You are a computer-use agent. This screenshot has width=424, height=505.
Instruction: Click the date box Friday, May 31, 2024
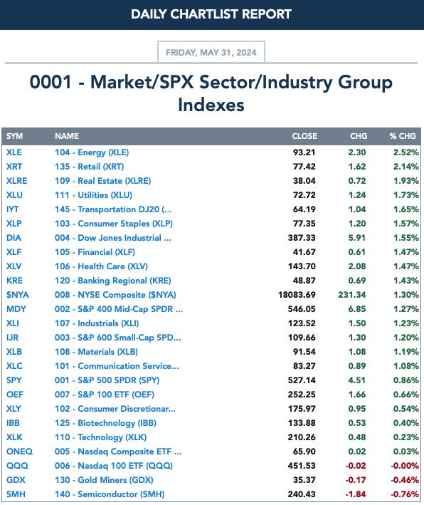click(211, 52)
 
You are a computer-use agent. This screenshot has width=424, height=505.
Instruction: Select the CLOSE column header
click(304, 136)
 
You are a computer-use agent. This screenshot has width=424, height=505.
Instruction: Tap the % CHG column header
click(403, 136)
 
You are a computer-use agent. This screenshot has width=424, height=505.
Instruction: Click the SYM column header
click(14, 136)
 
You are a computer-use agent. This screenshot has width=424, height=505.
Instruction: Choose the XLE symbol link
click(14, 152)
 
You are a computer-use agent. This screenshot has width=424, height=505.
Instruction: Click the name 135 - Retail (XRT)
click(89, 167)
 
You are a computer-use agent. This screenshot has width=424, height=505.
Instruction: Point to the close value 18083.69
click(297, 295)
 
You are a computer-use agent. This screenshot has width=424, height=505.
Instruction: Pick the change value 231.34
click(352, 295)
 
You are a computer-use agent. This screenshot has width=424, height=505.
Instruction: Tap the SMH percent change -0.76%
click(405, 494)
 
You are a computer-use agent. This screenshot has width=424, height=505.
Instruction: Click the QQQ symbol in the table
click(17, 466)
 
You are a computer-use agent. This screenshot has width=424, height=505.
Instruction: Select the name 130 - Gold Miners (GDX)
click(104, 480)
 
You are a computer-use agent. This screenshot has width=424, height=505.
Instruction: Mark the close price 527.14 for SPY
click(302, 380)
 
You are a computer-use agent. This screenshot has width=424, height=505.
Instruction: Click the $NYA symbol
click(18, 295)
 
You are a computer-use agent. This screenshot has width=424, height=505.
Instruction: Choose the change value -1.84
click(356, 494)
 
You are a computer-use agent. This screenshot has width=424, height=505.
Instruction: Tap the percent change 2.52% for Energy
click(406, 152)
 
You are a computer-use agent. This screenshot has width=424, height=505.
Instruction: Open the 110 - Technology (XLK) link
click(101, 437)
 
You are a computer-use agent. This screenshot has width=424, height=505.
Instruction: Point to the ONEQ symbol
click(20, 452)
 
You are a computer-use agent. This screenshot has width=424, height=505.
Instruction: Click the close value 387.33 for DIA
click(302, 238)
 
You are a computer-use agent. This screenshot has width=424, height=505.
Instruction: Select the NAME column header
click(67, 136)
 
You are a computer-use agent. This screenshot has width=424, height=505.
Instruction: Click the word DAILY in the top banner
click(149, 14)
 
